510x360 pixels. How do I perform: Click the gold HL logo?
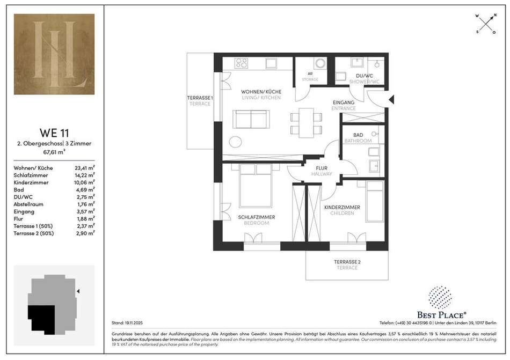click(x=54, y=54)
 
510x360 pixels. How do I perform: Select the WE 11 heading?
click(x=54, y=133)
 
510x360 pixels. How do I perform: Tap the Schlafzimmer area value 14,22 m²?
click(x=85, y=175)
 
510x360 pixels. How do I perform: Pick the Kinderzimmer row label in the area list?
click(x=31, y=182)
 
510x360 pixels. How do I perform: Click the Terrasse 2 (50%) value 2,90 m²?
click(x=85, y=233)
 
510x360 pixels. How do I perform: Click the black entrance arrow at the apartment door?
click(x=391, y=99)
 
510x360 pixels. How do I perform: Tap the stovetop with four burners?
click(x=241, y=63)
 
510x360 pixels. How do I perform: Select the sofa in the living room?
click(x=251, y=119)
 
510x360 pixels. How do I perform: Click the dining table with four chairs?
click(x=306, y=123)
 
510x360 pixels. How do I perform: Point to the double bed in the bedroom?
click(x=256, y=185)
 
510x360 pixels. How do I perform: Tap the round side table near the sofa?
click(x=236, y=142)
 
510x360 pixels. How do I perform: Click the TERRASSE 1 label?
click(x=200, y=98)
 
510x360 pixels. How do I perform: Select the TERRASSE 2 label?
click(x=347, y=262)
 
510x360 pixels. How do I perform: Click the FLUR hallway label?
click(x=322, y=168)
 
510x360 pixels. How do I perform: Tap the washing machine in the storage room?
click(x=320, y=63)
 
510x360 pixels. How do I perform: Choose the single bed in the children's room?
click(x=375, y=201)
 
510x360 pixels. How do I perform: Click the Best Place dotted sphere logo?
click(x=440, y=298)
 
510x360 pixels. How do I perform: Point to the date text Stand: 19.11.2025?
click(x=127, y=323)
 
